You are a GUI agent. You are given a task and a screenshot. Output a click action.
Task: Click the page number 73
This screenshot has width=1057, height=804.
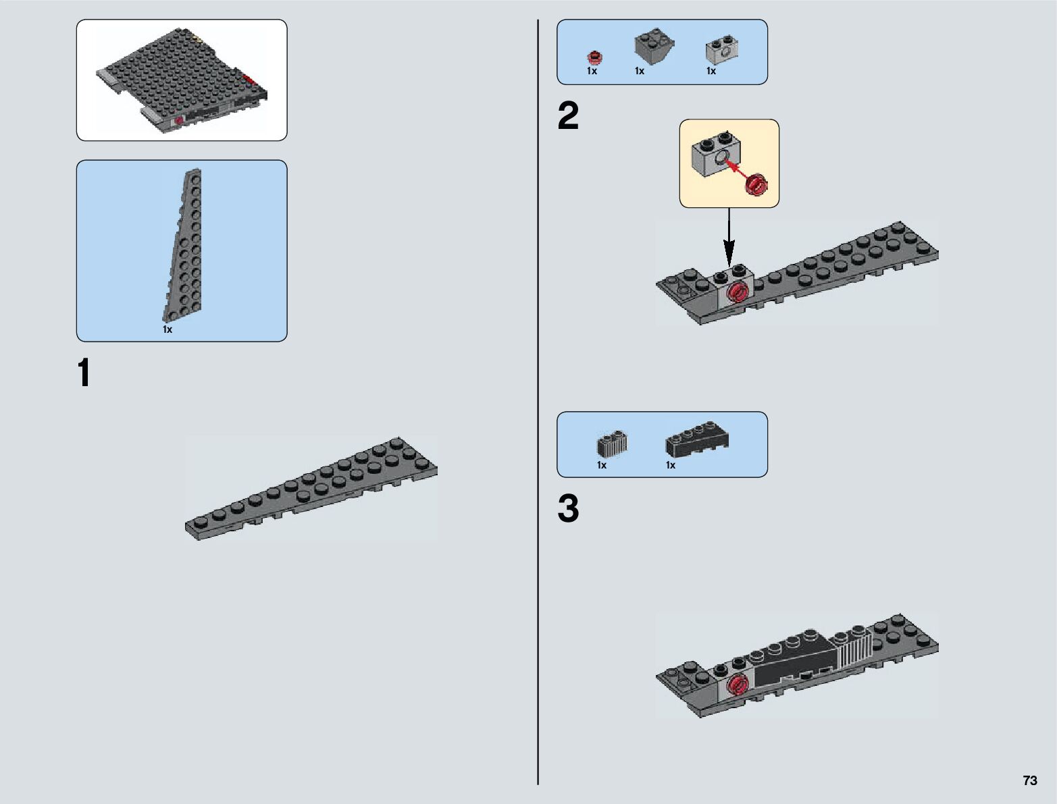click(1029, 780)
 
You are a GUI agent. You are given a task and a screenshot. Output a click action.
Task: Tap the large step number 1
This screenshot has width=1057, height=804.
click(84, 373)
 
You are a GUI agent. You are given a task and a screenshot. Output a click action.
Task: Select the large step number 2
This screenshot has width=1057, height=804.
click(568, 116)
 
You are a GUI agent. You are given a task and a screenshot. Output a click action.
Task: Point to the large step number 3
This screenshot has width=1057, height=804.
click(568, 509)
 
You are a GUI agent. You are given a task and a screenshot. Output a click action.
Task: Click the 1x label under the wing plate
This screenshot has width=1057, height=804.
click(167, 329)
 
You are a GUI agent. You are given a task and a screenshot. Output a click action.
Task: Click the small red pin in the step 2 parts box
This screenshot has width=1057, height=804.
click(594, 57)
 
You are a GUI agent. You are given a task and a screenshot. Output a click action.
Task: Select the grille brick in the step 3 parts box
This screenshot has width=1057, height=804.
click(611, 444)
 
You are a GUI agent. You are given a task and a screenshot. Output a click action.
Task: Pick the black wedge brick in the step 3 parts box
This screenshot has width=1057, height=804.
click(696, 439)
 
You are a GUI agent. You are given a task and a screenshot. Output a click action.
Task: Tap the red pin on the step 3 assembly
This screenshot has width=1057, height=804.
click(740, 683)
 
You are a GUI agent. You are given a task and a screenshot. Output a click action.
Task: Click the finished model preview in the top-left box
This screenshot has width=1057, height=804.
click(181, 80)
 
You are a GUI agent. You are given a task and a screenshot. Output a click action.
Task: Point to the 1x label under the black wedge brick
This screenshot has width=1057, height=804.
click(671, 465)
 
